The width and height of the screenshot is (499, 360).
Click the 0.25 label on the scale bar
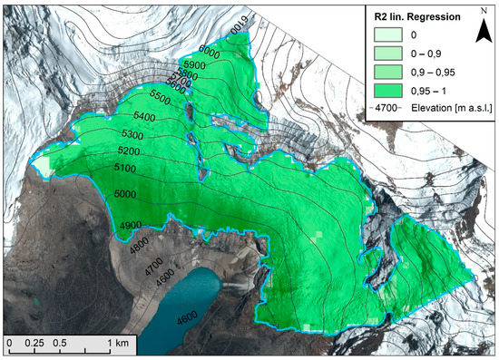[x=35, y=344]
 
